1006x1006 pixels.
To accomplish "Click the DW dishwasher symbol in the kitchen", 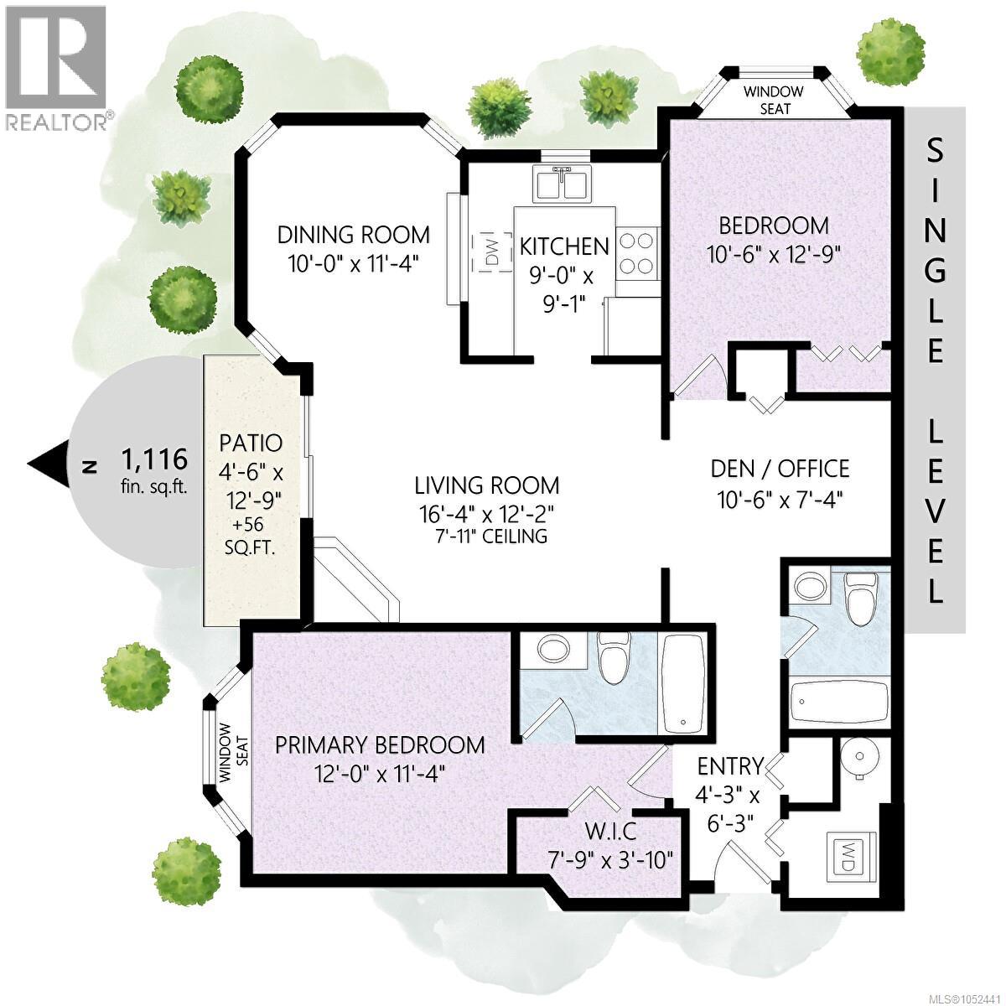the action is coord(491,252).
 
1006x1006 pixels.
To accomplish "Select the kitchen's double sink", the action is coord(563,183).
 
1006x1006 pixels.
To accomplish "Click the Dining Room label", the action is coord(354,235).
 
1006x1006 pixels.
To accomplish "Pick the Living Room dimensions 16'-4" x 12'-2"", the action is coord(486,515).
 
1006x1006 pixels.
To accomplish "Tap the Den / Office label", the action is coord(780,469).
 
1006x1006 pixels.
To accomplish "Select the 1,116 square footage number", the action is coord(154,459).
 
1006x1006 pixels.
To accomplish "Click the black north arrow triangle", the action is coord(49,463).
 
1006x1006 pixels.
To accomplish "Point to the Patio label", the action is coord(251,443).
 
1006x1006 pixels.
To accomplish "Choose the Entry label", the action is coord(730,766).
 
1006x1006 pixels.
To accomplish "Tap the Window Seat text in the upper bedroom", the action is coord(773,101).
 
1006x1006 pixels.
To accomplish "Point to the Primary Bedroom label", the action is coord(380,745).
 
